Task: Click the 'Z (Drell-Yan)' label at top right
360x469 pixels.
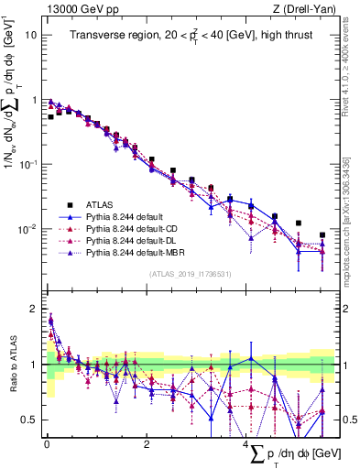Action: (307, 9)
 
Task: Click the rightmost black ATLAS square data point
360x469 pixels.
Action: (322, 235)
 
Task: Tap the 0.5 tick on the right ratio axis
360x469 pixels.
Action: (349, 420)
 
